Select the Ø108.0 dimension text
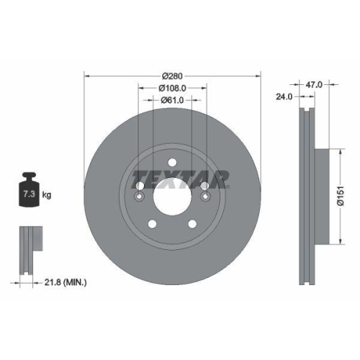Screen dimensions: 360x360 point(173,87)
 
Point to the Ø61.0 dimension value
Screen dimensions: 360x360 point(173,99)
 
